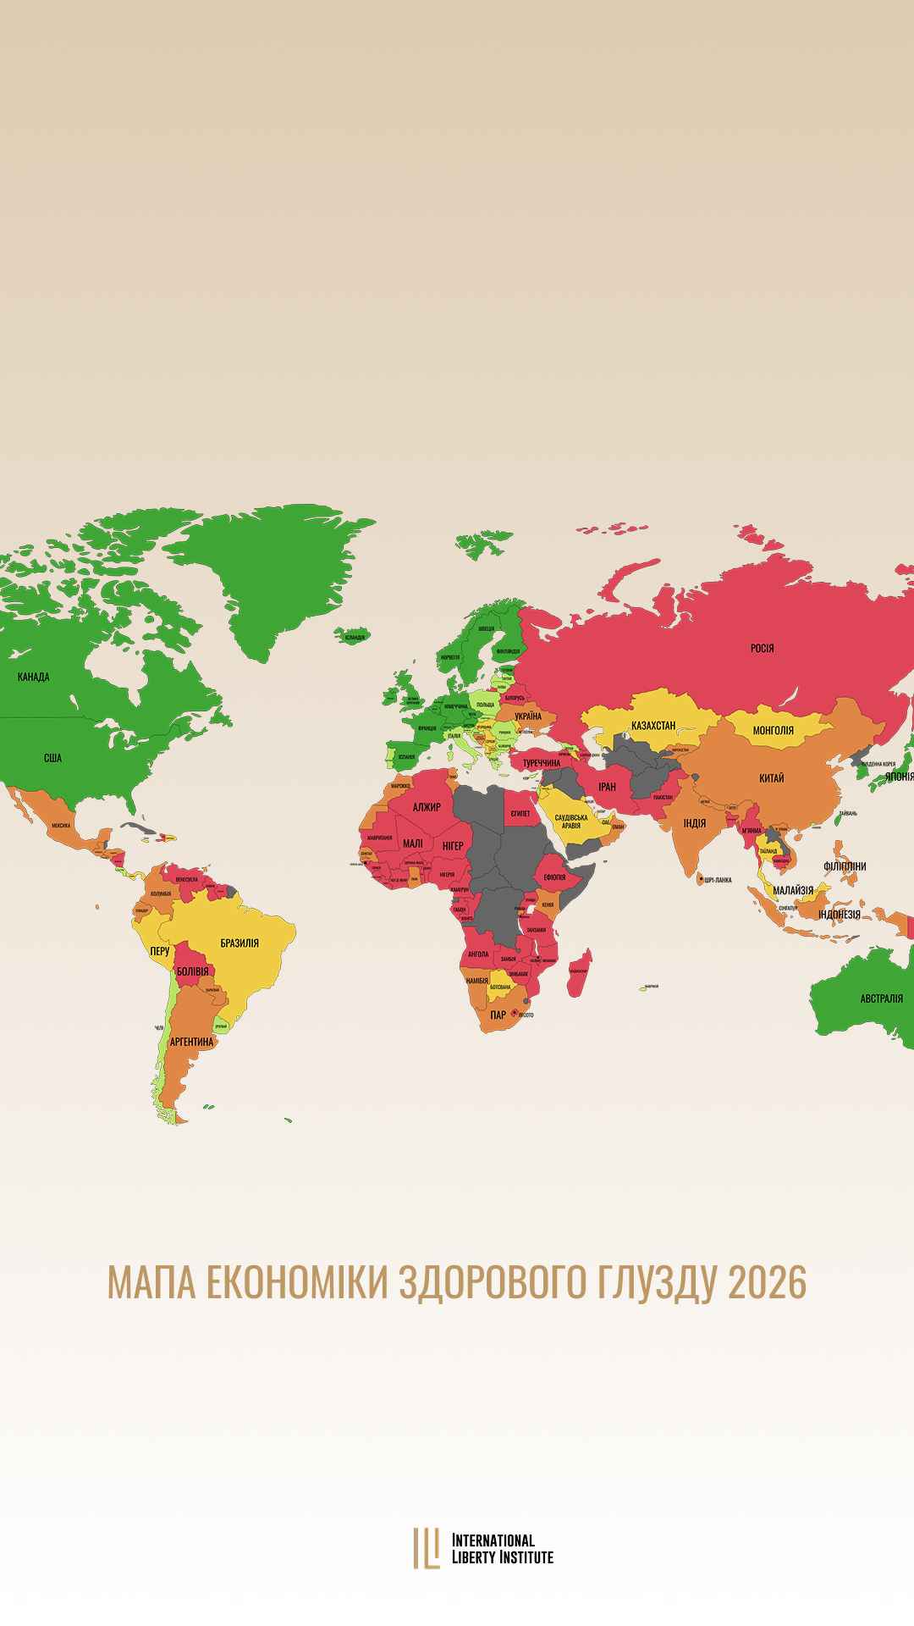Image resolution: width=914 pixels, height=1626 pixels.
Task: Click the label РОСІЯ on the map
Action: click(762, 649)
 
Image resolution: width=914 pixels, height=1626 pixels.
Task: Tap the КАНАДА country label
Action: click(34, 677)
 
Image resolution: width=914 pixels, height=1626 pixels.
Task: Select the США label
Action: click(52, 758)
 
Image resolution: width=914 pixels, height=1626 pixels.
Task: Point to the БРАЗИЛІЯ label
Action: click(240, 943)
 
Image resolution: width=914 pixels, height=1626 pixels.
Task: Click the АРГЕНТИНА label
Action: click(190, 1041)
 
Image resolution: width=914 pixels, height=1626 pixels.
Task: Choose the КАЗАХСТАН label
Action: click(653, 726)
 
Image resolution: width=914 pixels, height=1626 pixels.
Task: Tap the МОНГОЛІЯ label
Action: click(773, 730)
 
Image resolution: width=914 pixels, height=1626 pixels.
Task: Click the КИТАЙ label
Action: click(772, 777)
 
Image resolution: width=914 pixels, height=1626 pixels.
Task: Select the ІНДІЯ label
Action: click(695, 822)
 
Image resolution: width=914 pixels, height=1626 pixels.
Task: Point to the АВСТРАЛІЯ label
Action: click(882, 998)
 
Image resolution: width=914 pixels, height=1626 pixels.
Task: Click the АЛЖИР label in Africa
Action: click(427, 807)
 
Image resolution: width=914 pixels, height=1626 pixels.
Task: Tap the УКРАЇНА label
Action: click(528, 716)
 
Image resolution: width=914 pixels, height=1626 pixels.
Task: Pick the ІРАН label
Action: click(608, 787)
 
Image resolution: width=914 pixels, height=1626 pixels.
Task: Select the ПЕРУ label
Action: click(159, 951)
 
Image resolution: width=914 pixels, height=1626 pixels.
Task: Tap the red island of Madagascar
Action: click(580, 974)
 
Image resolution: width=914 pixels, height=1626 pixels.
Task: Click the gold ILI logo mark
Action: click(427, 1547)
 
